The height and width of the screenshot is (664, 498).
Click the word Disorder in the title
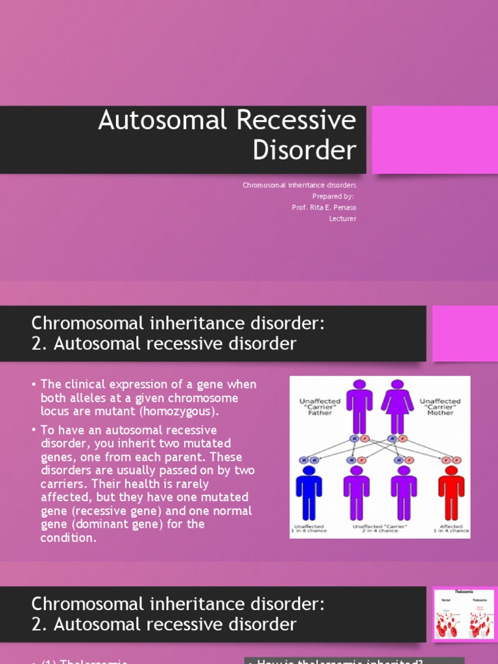[304, 150]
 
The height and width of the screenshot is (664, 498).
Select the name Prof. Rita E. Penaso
[324, 207]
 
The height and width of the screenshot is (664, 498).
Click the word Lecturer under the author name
[342, 219]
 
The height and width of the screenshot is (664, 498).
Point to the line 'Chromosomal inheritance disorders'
[300, 185]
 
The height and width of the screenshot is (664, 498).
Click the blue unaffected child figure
[309, 493]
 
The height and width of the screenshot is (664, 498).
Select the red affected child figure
[451, 493]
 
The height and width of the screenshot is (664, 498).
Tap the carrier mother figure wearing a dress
[397, 406]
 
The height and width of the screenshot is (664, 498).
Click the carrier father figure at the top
[359, 406]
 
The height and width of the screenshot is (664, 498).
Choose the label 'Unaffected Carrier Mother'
[440, 407]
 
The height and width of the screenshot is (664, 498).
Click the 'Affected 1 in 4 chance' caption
[451, 528]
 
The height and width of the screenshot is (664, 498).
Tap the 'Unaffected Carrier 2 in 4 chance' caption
[380, 528]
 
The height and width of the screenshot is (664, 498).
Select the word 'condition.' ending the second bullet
[68, 538]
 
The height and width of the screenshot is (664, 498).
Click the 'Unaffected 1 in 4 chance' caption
[309, 528]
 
